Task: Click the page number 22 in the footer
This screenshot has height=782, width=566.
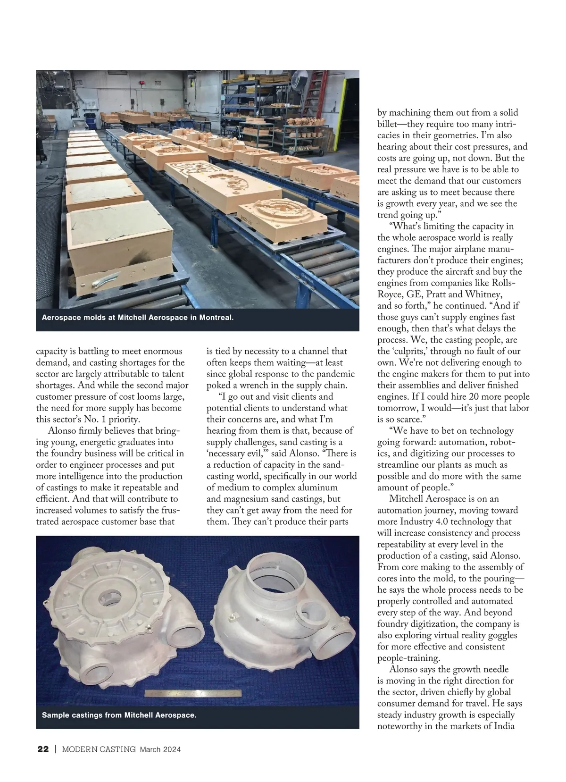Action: [x=42, y=749]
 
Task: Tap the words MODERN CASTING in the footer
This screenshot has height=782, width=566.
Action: [x=99, y=749]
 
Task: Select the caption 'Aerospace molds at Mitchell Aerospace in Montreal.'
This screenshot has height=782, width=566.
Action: [x=138, y=318]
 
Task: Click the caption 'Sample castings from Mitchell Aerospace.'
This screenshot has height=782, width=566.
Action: [x=119, y=715]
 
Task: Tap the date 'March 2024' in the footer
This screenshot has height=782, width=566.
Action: [x=160, y=749]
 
